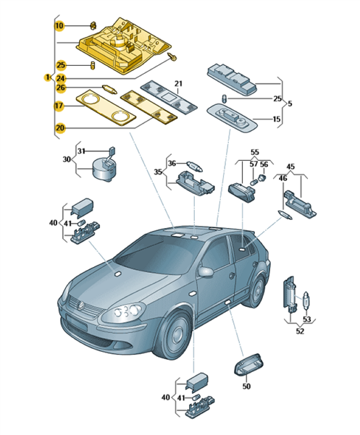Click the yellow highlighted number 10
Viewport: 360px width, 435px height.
[x=59, y=26]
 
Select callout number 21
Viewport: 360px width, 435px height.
[x=178, y=83]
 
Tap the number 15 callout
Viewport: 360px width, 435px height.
[x=277, y=119]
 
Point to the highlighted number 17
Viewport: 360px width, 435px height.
[x=59, y=106]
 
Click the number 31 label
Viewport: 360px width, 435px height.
[x=81, y=151]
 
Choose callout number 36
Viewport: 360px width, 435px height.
[x=172, y=163]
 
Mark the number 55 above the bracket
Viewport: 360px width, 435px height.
[x=254, y=152]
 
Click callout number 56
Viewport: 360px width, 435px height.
[x=264, y=164]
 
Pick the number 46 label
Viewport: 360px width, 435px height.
[x=282, y=178]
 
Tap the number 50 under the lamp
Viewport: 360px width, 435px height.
[x=246, y=386]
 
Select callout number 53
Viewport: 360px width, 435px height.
[x=306, y=319]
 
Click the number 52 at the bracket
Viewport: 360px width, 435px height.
[x=300, y=331]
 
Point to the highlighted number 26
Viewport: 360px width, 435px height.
[x=61, y=88]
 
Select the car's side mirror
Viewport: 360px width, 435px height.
[x=206, y=272]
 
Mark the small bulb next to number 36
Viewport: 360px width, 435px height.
[x=195, y=166]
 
